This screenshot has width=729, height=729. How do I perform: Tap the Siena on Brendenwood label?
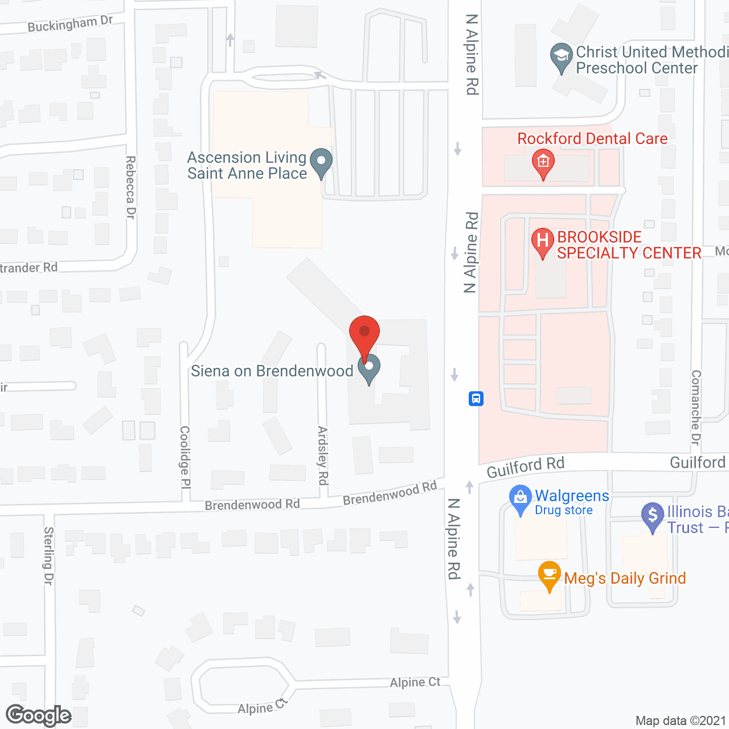(272, 371)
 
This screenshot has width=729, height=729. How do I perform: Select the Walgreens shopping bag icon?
(520, 498)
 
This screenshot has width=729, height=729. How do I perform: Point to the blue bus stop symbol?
(476, 398)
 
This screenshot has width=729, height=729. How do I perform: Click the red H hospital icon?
(543, 241)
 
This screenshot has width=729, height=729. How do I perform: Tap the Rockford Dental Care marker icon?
(543, 163)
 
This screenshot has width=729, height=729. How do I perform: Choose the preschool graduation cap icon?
(562, 57)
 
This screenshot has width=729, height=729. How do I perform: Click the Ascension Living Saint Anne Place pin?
(321, 162)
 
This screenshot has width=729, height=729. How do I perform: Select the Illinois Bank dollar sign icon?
(653, 516)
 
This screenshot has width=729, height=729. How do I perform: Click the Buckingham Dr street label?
(70, 24)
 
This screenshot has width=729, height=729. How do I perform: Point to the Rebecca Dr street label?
(130, 187)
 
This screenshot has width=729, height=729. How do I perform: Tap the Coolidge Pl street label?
(185, 457)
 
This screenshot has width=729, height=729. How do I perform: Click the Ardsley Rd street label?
(323, 456)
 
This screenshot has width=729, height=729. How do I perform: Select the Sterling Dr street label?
(48, 555)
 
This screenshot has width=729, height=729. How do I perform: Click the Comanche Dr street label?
(696, 407)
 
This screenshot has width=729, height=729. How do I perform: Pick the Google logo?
(39, 715)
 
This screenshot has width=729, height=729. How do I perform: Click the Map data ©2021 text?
(681, 720)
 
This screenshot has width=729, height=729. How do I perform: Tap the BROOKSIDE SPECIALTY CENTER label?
(628, 245)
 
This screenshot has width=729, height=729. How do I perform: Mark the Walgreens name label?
(572, 496)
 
